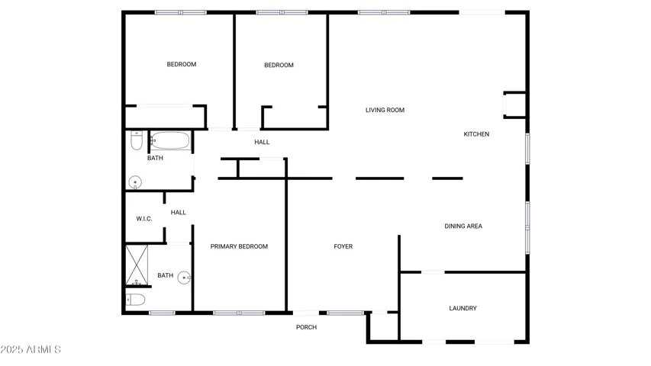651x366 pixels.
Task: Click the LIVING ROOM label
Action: pyautogui.click(x=385, y=110)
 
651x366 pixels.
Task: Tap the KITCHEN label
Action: pyautogui.click(x=476, y=134)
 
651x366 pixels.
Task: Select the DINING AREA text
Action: pyautogui.click(x=463, y=226)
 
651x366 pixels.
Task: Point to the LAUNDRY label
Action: pyautogui.click(x=463, y=308)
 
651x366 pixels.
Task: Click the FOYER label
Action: pyautogui.click(x=343, y=246)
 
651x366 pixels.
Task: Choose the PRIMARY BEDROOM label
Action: pyautogui.click(x=239, y=246)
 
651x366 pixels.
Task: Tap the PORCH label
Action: pyautogui.click(x=306, y=327)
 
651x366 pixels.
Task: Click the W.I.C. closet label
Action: pyautogui.click(x=144, y=219)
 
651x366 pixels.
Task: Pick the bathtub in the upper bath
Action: pyautogui.click(x=170, y=140)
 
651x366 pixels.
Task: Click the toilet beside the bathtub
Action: pyautogui.click(x=136, y=140)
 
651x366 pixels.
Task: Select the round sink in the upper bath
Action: pyautogui.click(x=135, y=182)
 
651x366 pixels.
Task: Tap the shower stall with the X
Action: pyautogui.click(x=137, y=265)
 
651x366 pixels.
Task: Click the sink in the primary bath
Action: pyautogui.click(x=184, y=278)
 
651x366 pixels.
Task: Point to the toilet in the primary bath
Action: pyautogui.click(x=135, y=299)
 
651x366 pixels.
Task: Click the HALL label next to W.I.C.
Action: pyautogui.click(x=179, y=213)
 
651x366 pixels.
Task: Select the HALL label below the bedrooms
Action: pyautogui.click(x=262, y=143)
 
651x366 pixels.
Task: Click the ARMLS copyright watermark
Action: pyautogui.click(x=31, y=349)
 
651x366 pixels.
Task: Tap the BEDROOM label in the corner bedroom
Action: pyautogui.click(x=182, y=64)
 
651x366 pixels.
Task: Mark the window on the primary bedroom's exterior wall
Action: pyautogui.click(x=239, y=313)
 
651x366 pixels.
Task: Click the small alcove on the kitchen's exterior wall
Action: pyautogui.click(x=515, y=105)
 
